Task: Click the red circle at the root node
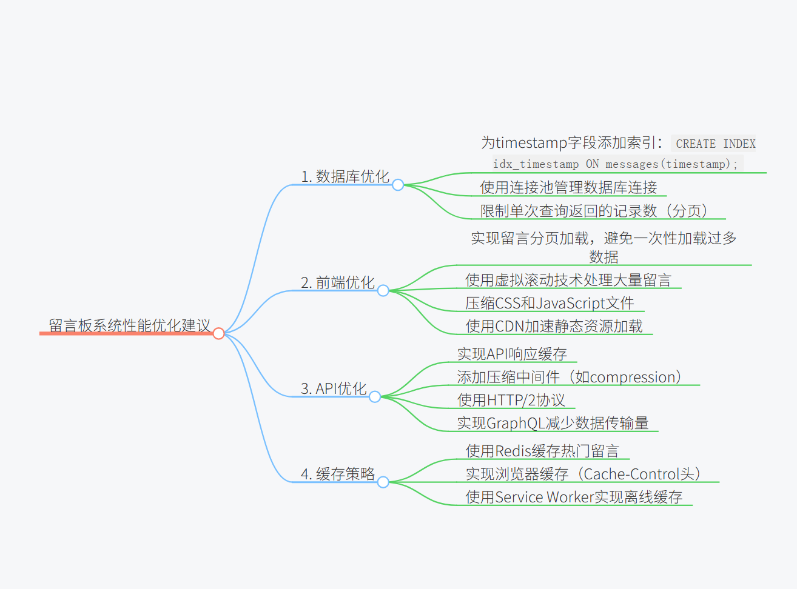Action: tap(219, 333)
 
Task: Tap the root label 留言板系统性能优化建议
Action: tap(129, 325)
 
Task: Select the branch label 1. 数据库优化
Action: tap(345, 176)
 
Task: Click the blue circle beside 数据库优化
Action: tap(398, 185)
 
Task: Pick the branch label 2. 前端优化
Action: tap(338, 282)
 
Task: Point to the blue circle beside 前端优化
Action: tap(383, 291)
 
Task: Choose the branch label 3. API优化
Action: tap(334, 388)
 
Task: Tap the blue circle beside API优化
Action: tap(375, 397)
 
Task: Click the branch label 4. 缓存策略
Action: tap(338, 474)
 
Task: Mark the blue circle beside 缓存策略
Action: tap(383, 482)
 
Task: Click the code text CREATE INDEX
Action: tap(716, 144)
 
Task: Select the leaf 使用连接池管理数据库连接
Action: tap(568, 187)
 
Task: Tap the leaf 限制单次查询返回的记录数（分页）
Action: tap(594, 210)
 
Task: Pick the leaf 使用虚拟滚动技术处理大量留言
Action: tap(568, 280)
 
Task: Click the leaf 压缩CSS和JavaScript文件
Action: tap(550, 303)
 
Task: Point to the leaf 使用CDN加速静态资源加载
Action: tap(554, 326)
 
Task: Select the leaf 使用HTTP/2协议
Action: tap(511, 400)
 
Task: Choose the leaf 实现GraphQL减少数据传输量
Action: tap(553, 423)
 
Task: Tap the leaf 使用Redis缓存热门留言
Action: tap(542, 451)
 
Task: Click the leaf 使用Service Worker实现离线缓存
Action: tap(574, 497)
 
